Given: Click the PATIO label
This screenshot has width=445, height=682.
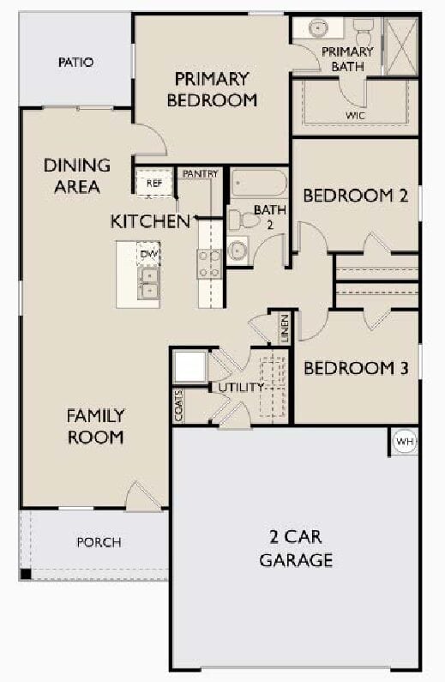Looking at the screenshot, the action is (x=76, y=63).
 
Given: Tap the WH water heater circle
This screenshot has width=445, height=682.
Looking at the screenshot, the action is (x=405, y=442).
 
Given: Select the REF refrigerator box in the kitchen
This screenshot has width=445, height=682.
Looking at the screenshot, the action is (x=154, y=183).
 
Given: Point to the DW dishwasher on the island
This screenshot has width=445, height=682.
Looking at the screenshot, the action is (x=148, y=254).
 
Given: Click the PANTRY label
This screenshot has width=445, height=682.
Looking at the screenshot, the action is (x=201, y=174).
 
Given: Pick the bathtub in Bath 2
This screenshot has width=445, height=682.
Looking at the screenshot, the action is (x=259, y=184).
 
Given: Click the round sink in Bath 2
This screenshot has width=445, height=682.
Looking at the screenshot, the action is (x=238, y=250).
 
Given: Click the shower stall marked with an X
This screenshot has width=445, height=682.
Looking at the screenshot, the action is (x=401, y=45).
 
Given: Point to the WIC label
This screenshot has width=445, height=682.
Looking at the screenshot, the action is (x=355, y=116).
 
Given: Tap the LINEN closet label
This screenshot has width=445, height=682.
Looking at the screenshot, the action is (x=285, y=329).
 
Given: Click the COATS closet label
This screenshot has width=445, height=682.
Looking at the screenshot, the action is (x=178, y=406).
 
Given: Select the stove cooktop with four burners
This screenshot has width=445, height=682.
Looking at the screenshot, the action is (x=209, y=264).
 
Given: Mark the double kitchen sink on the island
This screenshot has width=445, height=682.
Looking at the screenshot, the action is (x=148, y=283).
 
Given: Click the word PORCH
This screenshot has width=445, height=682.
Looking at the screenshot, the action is (x=99, y=542).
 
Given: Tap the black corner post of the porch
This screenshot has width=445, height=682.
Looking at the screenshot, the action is (x=26, y=574).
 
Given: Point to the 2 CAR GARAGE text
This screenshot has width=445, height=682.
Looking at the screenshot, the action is (x=296, y=548).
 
